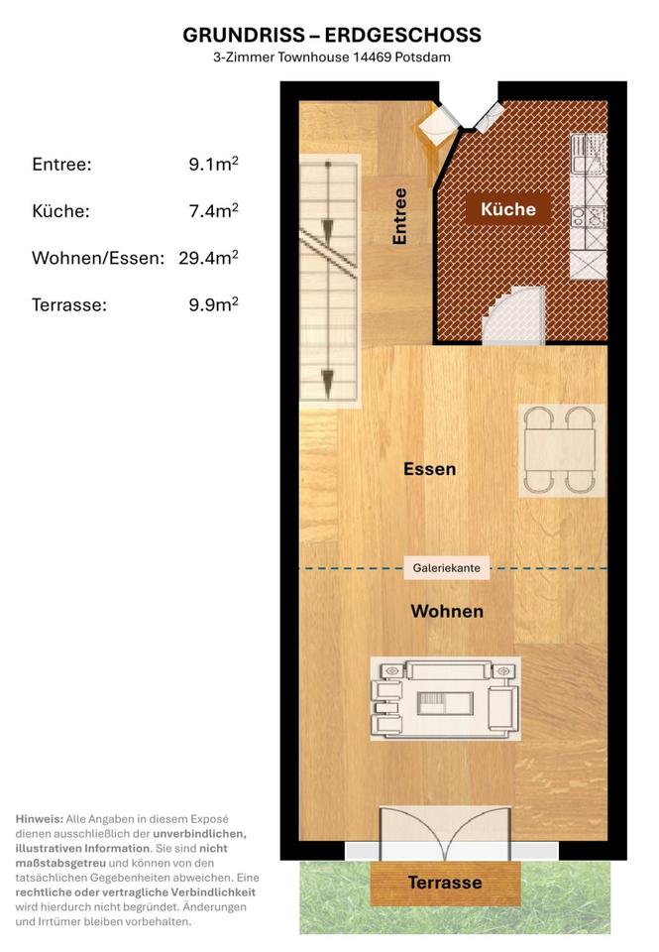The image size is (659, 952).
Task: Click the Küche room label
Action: [x=508, y=209]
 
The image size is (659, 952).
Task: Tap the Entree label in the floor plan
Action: [x=399, y=217]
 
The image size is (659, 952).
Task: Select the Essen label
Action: [x=430, y=469]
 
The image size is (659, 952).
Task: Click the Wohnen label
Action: [x=447, y=612]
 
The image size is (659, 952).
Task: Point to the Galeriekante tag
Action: [x=447, y=568]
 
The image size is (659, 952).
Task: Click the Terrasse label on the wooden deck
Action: [x=445, y=883]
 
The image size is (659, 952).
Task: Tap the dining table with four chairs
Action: [x=561, y=450]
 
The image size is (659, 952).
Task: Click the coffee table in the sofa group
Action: [x=445, y=703]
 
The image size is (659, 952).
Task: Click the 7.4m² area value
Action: [x=214, y=210]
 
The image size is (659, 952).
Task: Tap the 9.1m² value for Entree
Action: [x=214, y=164]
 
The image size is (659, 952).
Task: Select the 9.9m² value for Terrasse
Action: [x=214, y=304]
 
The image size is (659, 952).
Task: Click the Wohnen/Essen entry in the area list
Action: [x=98, y=258]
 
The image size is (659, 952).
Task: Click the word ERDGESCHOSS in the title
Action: [x=403, y=36]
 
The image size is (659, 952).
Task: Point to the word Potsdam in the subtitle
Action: [x=423, y=58]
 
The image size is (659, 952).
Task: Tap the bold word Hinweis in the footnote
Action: [x=39, y=819]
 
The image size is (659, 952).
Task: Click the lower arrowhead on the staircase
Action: [x=328, y=383]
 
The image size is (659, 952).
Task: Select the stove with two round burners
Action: [x=589, y=217]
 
